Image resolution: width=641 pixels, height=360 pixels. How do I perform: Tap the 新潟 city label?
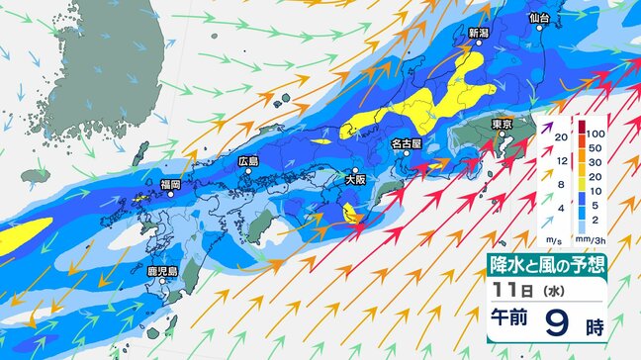[479, 33]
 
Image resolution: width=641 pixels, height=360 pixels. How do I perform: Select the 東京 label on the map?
[501, 124]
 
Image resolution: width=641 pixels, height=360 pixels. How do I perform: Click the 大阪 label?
[355, 180]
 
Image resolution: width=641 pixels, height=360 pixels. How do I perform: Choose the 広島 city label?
[248, 160]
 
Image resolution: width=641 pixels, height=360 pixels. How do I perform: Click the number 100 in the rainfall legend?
[595, 133]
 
